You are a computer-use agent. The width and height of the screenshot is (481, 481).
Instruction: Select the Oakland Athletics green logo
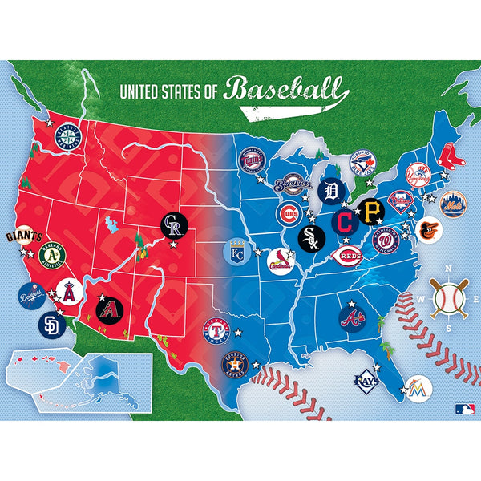pos(52,255)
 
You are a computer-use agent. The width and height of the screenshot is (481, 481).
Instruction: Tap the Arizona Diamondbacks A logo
pos(108,309)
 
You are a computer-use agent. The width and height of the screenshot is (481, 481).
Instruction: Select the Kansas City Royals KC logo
pos(236,251)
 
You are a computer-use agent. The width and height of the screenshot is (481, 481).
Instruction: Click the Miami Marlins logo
pos(418,387)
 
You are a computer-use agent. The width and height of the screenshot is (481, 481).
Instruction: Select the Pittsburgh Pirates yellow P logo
pos(370,211)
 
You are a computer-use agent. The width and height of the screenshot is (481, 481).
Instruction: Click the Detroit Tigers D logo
pos(329,191)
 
